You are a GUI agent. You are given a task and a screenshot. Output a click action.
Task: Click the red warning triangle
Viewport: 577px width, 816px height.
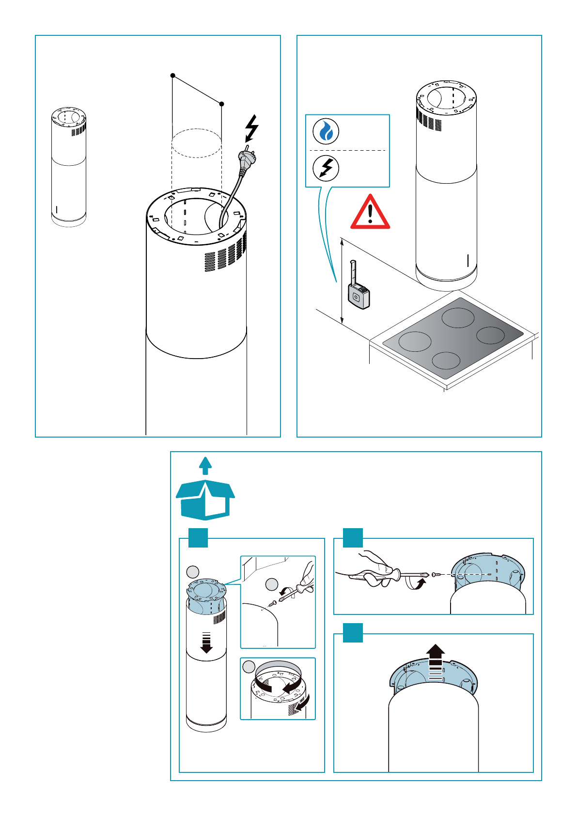pyautogui.click(x=370, y=213)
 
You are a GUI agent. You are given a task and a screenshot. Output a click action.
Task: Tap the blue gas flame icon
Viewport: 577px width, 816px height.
pyautogui.click(x=326, y=131)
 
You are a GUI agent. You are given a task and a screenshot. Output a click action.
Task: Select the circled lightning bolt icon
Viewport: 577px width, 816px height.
pyautogui.click(x=326, y=168)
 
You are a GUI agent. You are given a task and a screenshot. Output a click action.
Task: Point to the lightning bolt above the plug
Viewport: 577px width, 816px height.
pyautogui.click(x=252, y=127)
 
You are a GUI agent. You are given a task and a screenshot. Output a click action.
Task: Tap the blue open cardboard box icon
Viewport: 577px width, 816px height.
pyautogui.click(x=205, y=500)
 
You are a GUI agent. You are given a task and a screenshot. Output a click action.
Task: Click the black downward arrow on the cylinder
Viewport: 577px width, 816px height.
pyautogui.click(x=206, y=642)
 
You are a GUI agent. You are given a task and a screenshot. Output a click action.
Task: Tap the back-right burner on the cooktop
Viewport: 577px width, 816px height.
pyautogui.click(x=491, y=335)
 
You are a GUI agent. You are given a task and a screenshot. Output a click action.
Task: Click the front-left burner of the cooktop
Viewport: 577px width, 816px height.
pyautogui.click(x=415, y=342)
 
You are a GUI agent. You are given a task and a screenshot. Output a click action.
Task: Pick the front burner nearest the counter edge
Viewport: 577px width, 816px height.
pyautogui.click(x=446, y=361)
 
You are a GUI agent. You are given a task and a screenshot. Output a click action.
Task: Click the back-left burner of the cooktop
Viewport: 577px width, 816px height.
pyautogui.click(x=458, y=317)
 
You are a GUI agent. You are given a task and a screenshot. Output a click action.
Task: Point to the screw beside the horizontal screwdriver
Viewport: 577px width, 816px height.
pyautogui.click(x=436, y=575)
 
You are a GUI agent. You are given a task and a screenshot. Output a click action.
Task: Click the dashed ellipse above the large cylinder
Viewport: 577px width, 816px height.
pyautogui.click(x=197, y=143)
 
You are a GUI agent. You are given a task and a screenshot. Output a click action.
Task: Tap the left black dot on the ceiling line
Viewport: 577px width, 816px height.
pyautogui.click(x=172, y=76)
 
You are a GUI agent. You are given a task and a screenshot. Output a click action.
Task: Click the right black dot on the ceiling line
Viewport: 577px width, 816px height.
pyautogui.click(x=222, y=104)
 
